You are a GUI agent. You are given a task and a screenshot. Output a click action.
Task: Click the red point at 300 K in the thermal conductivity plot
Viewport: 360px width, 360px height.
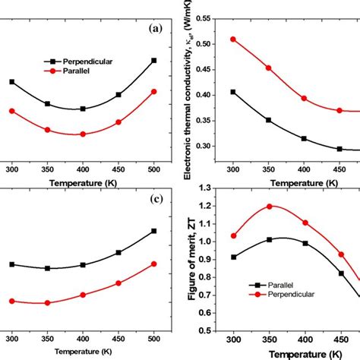232,39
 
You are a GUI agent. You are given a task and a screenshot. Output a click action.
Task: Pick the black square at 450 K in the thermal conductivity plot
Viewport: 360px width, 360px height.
339,149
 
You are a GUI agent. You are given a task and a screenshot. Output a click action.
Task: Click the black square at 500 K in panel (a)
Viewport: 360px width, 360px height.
154,60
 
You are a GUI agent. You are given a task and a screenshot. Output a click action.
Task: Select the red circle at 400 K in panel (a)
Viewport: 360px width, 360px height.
83,134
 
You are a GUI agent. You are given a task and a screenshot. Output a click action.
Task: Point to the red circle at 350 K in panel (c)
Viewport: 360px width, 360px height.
47,302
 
